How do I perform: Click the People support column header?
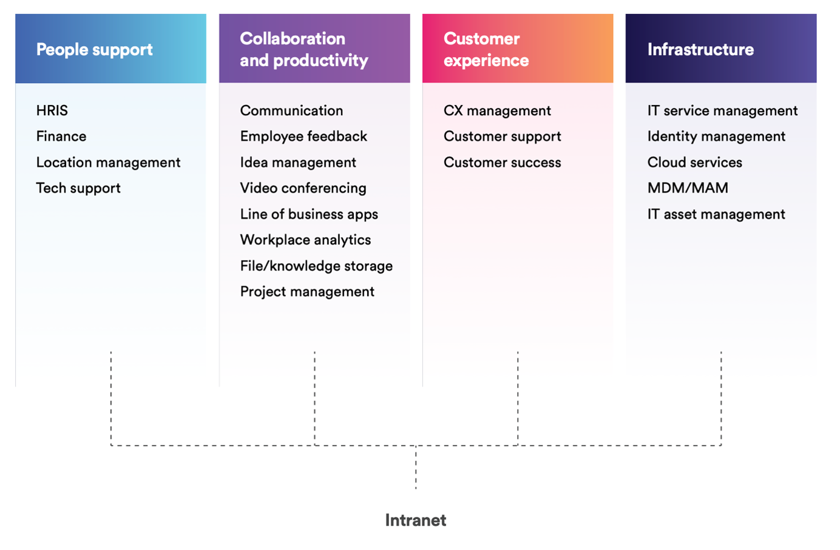tap(95, 50)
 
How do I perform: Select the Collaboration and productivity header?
tap(303, 50)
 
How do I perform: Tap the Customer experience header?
tap(486, 50)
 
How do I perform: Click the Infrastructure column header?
tap(700, 50)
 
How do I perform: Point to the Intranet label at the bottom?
tap(416, 520)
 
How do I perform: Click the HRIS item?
tap(52, 110)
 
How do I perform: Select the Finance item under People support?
tap(61, 136)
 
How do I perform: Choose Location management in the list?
tap(108, 163)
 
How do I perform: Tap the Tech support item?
tap(78, 188)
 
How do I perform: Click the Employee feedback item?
tap(303, 136)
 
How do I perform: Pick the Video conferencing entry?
tap(303, 188)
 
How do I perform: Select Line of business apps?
tap(309, 214)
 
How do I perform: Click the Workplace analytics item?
tap(305, 240)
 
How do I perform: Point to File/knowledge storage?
tap(316, 266)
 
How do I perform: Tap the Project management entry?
tap(307, 292)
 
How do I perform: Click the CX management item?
tap(497, 110)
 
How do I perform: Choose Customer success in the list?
tap(502, 163)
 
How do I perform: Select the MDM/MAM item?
tap(688, 188)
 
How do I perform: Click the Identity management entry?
tap(716, 136)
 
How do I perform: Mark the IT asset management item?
tap(716, 214)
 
